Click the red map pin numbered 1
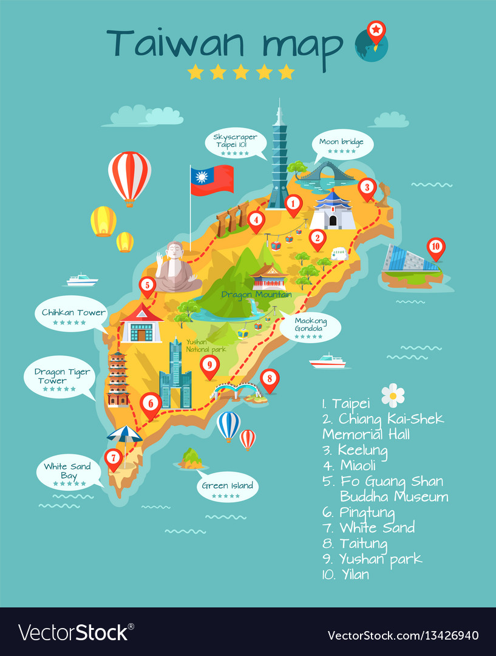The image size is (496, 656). click(x=293, y=203)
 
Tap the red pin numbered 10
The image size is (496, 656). click(x=435, y=247)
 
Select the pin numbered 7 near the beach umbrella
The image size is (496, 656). click(x=113, y=458)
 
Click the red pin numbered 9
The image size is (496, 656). click(x=209, y=365)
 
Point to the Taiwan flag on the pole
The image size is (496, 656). click(x=212, y=180)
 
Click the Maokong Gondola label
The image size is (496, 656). click(x=310, y=327)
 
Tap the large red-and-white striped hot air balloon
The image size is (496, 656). click(x=129, y=176)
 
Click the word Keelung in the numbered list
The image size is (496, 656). click(x=362, y=450)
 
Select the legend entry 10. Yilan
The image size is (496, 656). click(x=346, y=574)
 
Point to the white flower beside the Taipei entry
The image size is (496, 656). click(x=393, y=395)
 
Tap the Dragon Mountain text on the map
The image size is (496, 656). click(x=256, y=295)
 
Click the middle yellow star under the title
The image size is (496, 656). click(x=241, y=72)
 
